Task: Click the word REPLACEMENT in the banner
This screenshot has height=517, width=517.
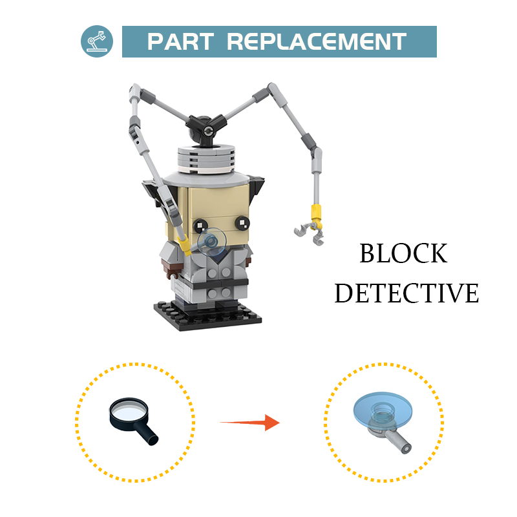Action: coord(317,41)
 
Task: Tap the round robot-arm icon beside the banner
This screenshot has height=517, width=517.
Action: coord(97,41)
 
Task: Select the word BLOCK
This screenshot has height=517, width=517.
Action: coord(403,253)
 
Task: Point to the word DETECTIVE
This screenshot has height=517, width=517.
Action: coord(406,293)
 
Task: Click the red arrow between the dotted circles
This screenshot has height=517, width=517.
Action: coord(249,423)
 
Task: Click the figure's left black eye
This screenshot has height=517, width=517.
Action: coord(200,225)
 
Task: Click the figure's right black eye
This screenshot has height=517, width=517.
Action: coord(242,223)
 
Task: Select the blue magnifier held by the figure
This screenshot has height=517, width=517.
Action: coord(212,242)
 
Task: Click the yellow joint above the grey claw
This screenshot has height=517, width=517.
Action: coord(316,213)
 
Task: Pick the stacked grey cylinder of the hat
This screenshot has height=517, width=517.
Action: coord(206,159)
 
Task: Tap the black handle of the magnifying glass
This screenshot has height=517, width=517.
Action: coord(146,433)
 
